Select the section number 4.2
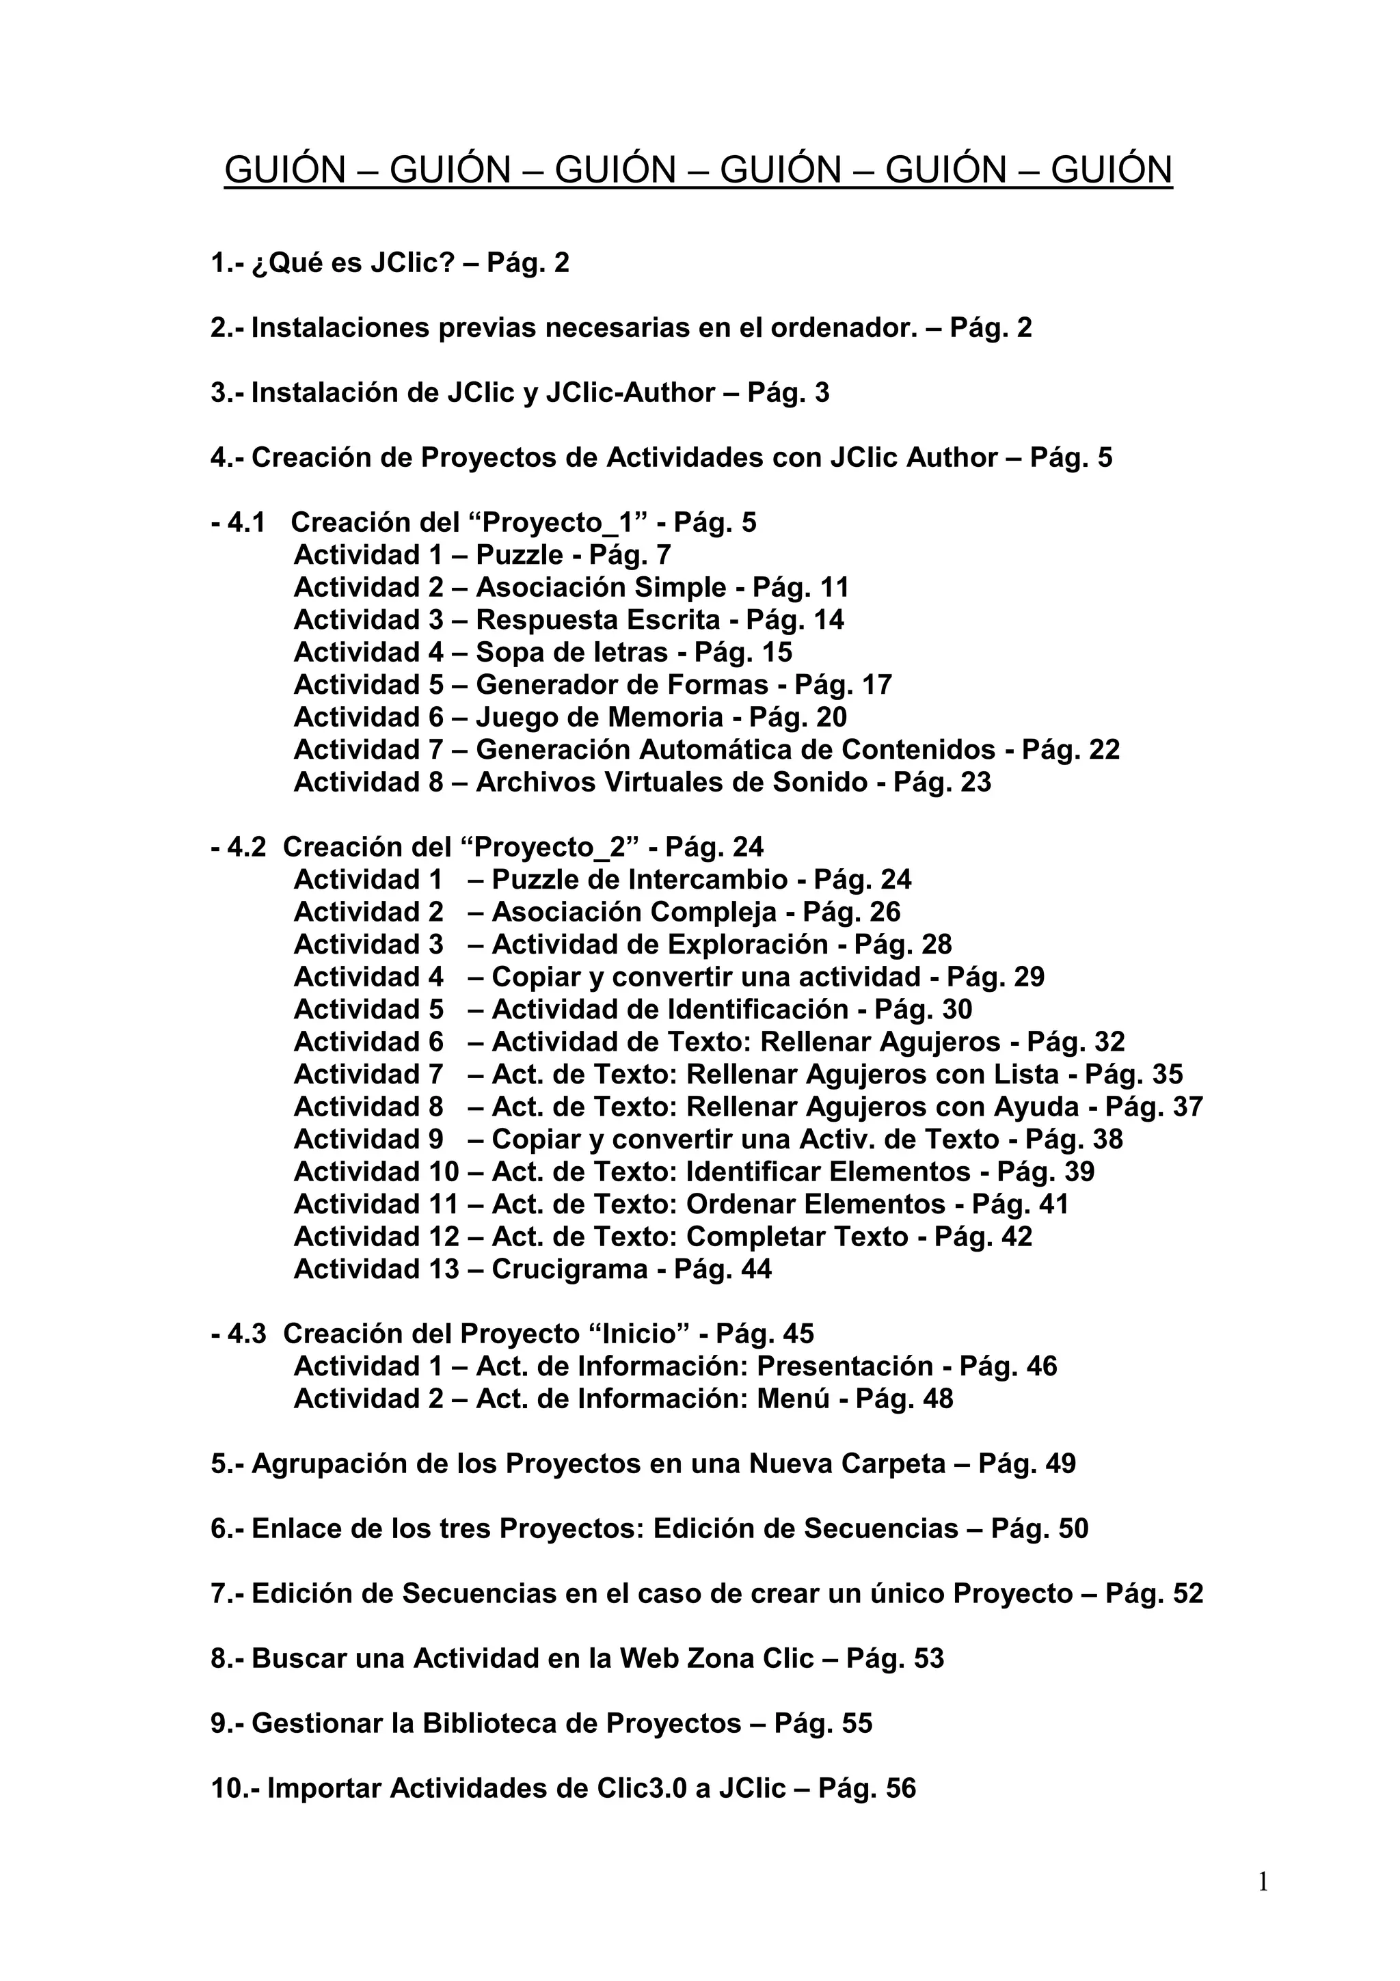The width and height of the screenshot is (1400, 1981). (x=247, y=847)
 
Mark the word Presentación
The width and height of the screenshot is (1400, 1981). (x=846, y=1366)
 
